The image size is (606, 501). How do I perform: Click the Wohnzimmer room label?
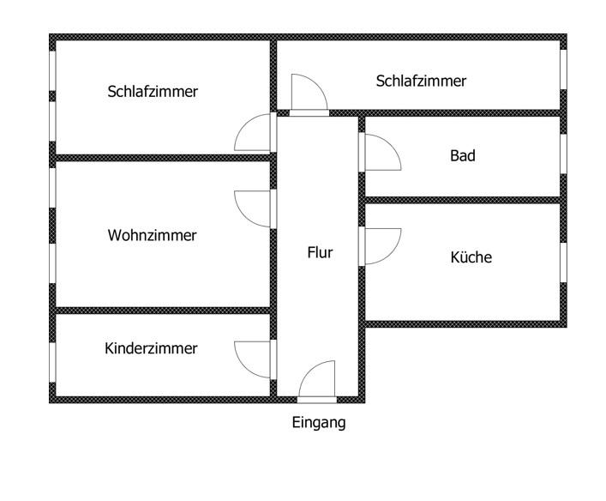tap(152, 235)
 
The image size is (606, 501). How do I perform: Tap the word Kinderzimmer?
tap(151, 348)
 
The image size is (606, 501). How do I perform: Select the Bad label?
tap(462, 156)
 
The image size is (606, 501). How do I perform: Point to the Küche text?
tap(471, 257)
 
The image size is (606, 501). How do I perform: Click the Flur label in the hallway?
tap(320, 253)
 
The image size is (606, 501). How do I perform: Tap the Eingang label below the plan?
tap(319, 422)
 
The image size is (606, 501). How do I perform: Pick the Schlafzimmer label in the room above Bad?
tap(421, 81)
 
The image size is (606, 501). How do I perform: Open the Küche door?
tap(381, 245)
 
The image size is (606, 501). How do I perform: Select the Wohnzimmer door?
tap(254, 208)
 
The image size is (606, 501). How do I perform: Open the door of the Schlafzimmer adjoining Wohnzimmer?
tap(254, 133)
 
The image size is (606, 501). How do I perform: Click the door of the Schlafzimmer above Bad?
tap(308, 94)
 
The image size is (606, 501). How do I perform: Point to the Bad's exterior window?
tap(563, 156)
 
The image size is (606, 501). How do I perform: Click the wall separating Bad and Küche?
tap(463, 200)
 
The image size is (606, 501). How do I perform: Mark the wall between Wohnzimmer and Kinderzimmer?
tap(163, 311)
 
